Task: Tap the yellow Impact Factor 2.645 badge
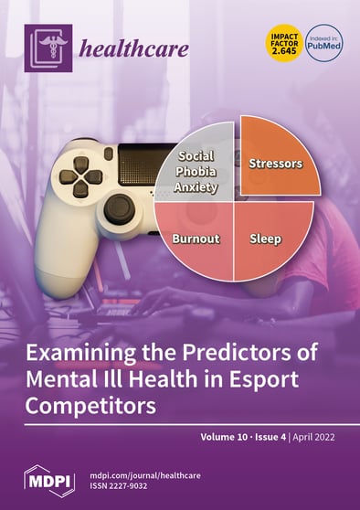(281, 43)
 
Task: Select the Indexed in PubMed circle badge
(323, 44)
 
